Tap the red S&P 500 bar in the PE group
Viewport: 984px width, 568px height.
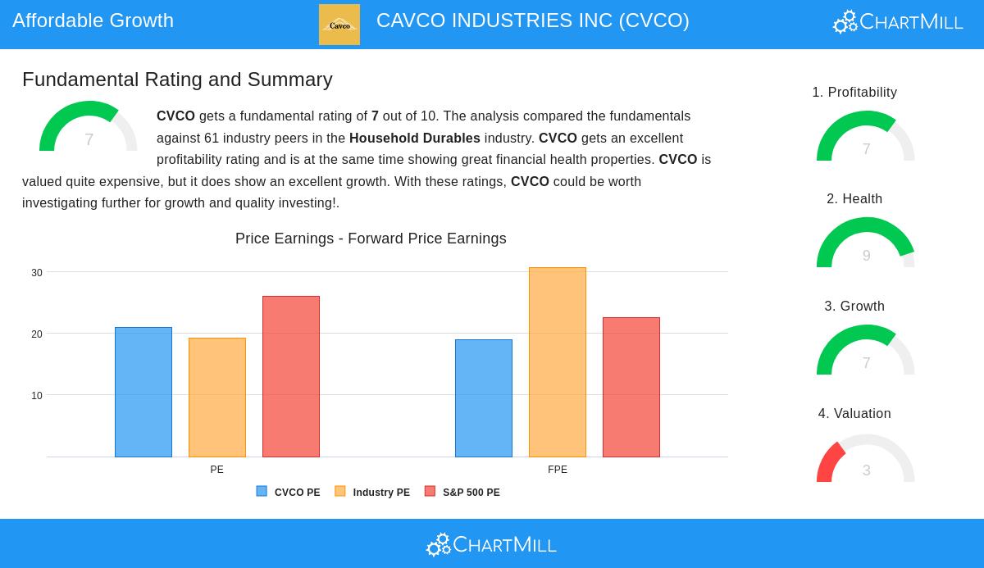pyautogui.click(x=291, y=376)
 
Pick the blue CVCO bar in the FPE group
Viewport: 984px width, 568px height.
pyautogui.click(x=484, y=398)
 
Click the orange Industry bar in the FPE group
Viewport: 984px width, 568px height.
pyautogui.click(x=558, y=362)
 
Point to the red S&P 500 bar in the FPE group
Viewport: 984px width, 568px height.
pyautogui.click(x=631, y=387)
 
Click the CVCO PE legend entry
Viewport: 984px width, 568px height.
pyautogui.click(x=289, y=493)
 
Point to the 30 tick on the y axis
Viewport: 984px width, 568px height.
pyautogui.click(x=37, y=273)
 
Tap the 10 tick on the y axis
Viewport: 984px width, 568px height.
pyautogui.click(x=37, y=396)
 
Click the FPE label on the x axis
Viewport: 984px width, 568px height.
pyautogui.click(x=558, y=470)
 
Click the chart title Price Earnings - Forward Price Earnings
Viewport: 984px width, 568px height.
pyautogui.click(x=371, y=239)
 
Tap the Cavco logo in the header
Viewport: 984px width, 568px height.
pyautogui.click(x=339, y=25)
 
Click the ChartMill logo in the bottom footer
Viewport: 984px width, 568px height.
pyautogui.click(x=491, y=544)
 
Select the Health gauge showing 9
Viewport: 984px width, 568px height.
pyautogui.click(x=866, y=243)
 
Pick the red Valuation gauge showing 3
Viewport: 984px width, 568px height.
pyautogui.click(x=866, y=459)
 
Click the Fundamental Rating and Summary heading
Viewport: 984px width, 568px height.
pyautogui.click(x=177, y=80)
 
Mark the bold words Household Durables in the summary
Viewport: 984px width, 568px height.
pyautogui.click(x=415, y=139)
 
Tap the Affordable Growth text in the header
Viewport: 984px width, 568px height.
pyautogui.click(x=93, y=20)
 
